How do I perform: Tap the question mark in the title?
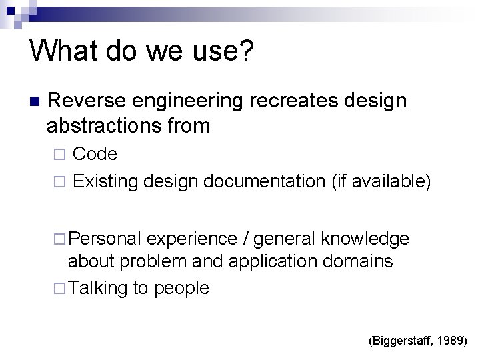pos(246,50)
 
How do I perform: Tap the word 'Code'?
pos(95,155)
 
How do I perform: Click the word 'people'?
pos(183,288)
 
